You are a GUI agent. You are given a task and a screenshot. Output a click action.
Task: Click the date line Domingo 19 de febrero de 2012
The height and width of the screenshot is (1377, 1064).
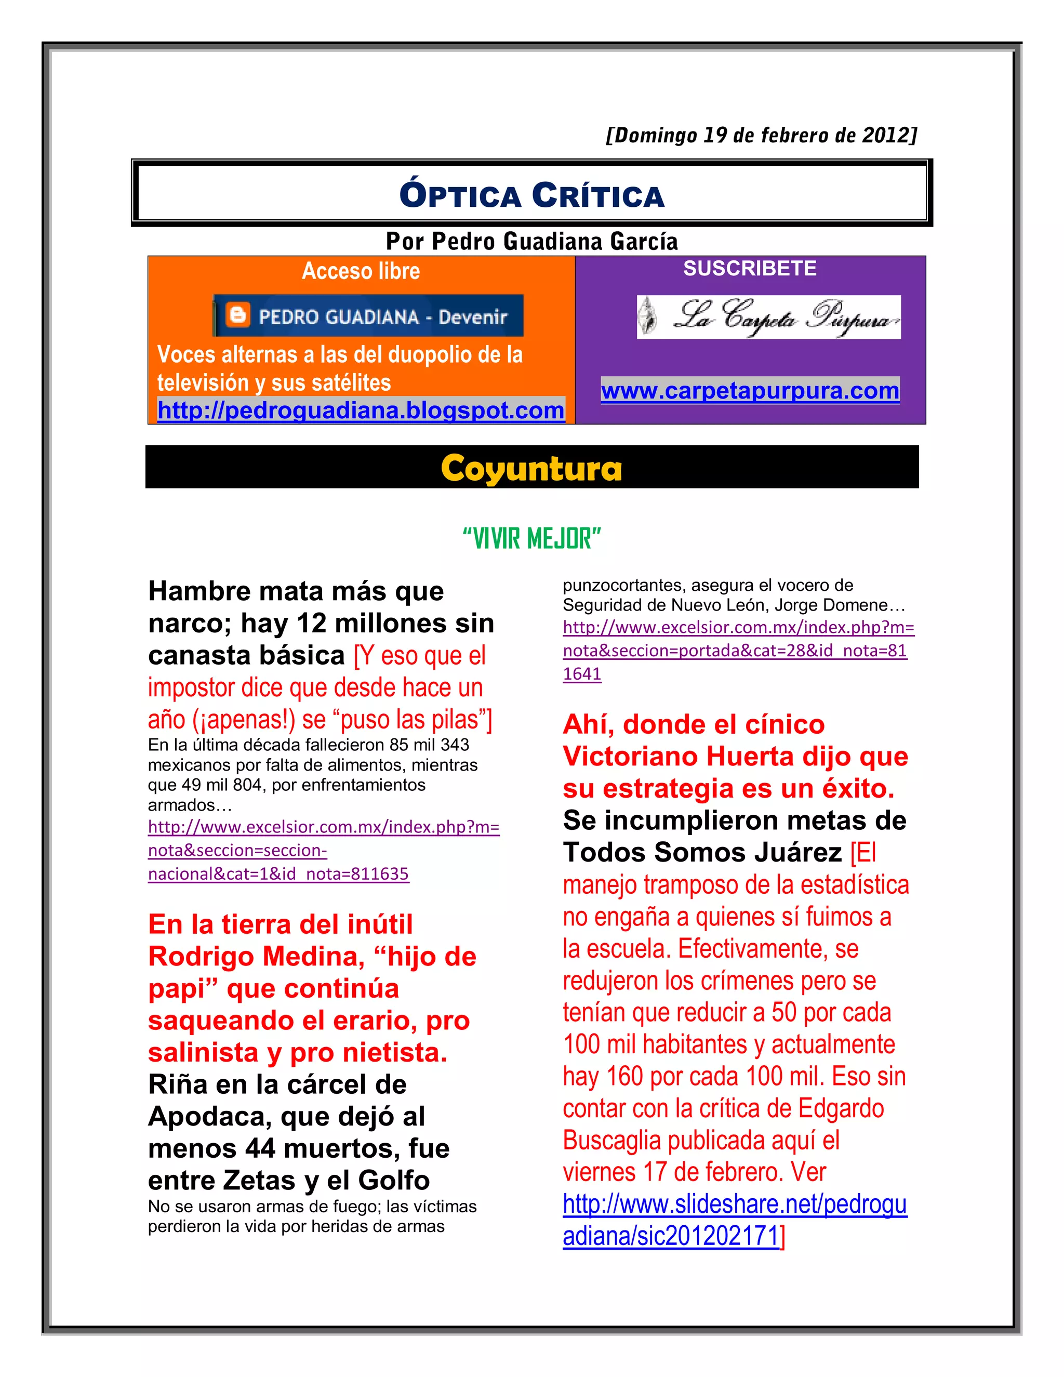click(761, 136)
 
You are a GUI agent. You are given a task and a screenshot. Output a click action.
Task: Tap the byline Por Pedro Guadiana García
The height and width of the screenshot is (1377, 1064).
click(531, 242)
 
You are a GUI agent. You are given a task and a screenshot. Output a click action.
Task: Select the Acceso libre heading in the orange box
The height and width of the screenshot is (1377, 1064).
click(361, 271)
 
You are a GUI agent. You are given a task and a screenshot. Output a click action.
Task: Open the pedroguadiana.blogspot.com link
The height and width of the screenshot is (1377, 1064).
click(361, 411)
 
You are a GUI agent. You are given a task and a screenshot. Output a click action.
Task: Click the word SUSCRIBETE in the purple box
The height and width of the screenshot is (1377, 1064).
click(750, 269)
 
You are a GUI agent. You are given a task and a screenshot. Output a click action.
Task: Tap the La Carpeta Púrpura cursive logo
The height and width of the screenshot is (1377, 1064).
click(768, 317)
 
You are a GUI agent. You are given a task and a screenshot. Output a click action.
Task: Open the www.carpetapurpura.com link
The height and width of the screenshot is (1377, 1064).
click(750, 391)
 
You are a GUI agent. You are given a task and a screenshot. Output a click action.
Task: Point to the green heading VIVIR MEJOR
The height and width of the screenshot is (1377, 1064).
click(531, 539)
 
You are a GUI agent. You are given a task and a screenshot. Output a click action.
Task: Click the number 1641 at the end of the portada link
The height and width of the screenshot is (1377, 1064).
click(582, 674)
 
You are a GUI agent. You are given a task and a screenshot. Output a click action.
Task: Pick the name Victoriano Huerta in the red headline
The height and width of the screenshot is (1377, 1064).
click(674, 757)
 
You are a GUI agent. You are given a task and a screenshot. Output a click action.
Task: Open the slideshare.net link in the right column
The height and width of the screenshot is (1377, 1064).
click(734, 1205)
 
